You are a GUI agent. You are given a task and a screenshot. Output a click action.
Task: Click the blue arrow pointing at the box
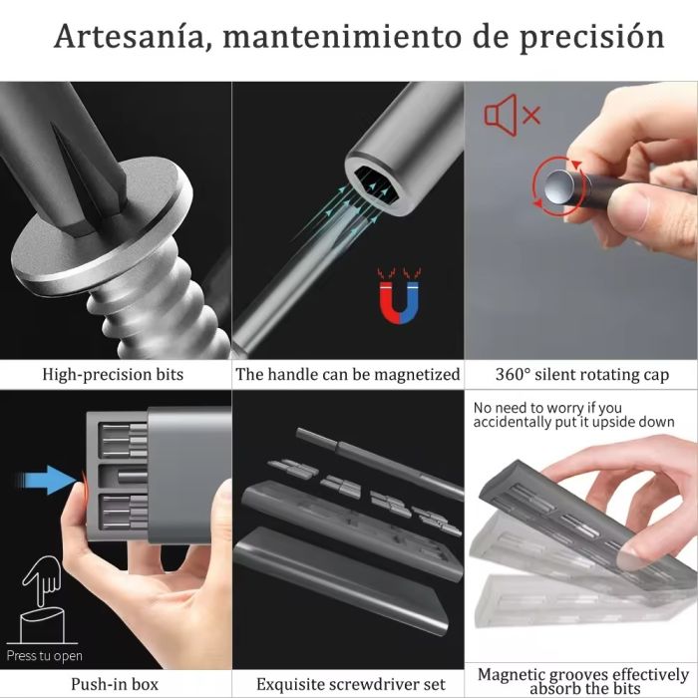[x=52, y=483]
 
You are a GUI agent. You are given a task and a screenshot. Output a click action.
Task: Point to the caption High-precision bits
[x=113, y=375]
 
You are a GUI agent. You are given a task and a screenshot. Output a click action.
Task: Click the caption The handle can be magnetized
[x=348, y=375]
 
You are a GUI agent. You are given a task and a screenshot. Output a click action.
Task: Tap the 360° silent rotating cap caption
[x=582, y=375]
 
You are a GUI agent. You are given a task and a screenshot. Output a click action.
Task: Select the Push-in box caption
[x=113, y=684]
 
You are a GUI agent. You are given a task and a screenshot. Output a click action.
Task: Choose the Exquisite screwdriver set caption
[x=348, y=684]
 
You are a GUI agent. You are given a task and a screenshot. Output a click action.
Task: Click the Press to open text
[x=44, y=656]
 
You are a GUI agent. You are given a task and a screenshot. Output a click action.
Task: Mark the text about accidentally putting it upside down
[x=573, y=415]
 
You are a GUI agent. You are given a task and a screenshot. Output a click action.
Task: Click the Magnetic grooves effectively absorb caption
[x=582, y=681]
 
